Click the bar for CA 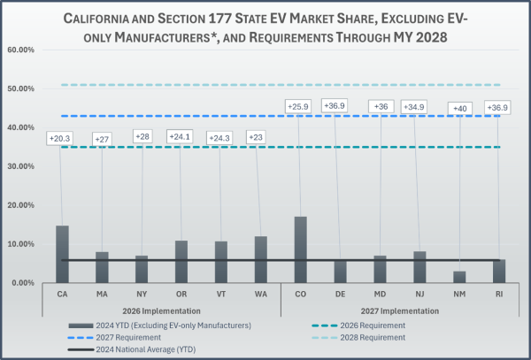[62, 255]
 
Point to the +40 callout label [460, 108]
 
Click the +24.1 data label [181, 137]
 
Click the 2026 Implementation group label [161, 311]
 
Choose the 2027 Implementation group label [400, 311]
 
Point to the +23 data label [260, 137]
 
